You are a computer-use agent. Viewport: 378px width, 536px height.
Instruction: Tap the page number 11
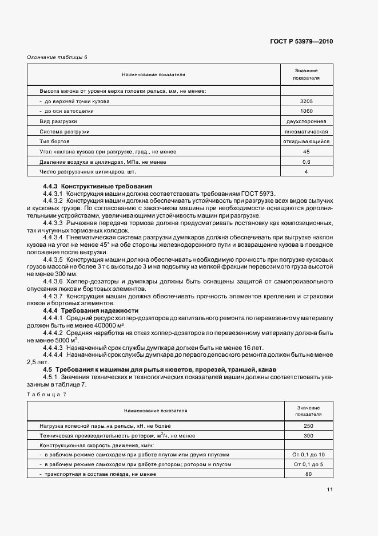(330, 489)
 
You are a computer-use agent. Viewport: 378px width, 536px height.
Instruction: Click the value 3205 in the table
(306, 101)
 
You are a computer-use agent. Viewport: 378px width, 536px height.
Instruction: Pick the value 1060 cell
(306, 111)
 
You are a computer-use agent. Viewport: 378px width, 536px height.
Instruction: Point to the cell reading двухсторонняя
(306, 121)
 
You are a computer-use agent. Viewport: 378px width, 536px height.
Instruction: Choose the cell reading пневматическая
(306, 131)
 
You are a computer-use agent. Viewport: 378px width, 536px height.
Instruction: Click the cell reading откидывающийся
(306, 141)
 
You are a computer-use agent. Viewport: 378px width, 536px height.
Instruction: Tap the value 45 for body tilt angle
(306, 152)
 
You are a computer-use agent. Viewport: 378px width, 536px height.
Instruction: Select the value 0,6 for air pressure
(306, 162)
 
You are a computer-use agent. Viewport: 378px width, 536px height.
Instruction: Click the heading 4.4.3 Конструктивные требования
(97, 186)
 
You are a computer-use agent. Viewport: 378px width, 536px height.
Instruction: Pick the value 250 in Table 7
(308, 426)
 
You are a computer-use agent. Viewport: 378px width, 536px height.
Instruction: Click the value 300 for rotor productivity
(308, 436)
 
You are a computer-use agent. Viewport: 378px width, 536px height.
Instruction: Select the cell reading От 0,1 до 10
(308, 454)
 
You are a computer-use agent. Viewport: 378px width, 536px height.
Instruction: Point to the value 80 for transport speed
(308, 474)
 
